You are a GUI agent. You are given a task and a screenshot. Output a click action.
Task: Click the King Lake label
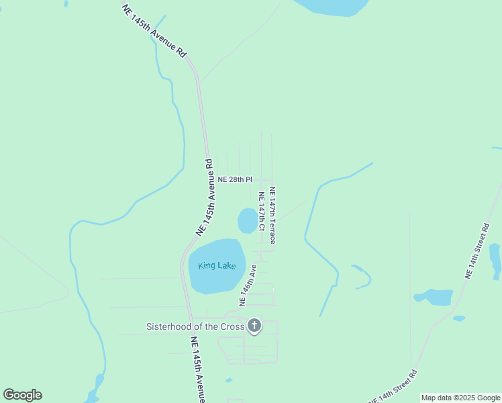click(x=216, y=265)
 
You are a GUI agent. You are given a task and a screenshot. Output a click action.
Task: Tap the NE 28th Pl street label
click(x=235, y=179)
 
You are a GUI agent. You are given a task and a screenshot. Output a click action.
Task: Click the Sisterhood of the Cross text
click(x=195, y=327)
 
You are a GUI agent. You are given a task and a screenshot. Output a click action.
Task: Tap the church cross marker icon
click(x=254, y=326)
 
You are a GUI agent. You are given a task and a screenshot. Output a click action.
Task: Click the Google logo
click(x=22, y=395)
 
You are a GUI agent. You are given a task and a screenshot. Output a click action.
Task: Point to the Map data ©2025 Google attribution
click(x=460, y=398)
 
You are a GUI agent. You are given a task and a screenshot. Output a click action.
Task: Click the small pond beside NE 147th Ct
click(x=248, y=220)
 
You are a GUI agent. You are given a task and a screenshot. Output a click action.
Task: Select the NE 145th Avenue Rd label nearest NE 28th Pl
click(x=205, y=196)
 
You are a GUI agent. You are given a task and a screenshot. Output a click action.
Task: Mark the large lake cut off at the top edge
click(x=332, y=7)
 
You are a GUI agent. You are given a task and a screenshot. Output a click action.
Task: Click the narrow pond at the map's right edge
click(x=495, y=261)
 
